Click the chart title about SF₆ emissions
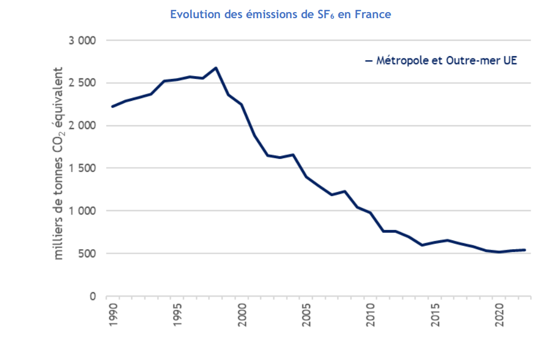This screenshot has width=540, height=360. pyautogui.click(x=280, y=15)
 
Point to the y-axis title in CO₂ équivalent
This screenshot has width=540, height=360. pyautogui.click(x=58, y=164)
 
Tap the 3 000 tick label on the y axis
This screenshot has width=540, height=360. pyautogui.click(x=81, y=41)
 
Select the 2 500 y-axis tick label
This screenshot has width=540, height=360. pyautogui.click(x=81, y=83)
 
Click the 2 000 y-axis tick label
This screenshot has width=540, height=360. pyautogui.click(x=81, y=126)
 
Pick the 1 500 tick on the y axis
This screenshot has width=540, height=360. pyautogui.click(x=81, y=168)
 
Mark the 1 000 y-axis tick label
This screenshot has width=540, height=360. pyautogui.click(x=81, y=211)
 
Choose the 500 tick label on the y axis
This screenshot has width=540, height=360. pyautogui.click(x=85, y=254)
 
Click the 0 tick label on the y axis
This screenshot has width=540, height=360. pyautogui.click(x=93, y=297)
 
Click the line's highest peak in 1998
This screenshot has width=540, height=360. pyautogui.click(x=216, y=68)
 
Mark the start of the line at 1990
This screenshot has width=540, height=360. pyautogui.click(x=112, y=106)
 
